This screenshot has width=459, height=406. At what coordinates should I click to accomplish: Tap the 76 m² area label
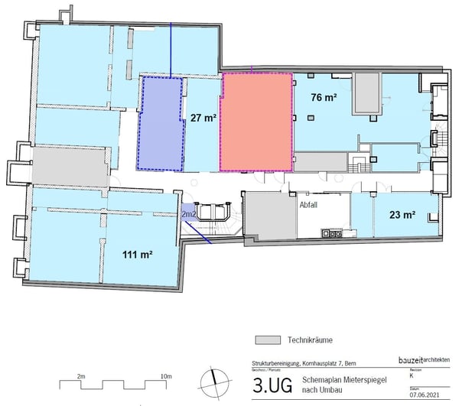point(324,98)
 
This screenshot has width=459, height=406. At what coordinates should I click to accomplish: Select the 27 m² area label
point(202,118)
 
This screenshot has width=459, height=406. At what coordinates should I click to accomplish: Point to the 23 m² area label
point(402,215)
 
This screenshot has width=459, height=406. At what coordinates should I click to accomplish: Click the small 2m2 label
point(188,216)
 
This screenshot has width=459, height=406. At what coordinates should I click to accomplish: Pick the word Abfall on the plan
point(308,205)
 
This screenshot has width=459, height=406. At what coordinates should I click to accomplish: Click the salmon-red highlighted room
point(256,121)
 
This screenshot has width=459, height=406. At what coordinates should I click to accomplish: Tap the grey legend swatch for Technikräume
point(264,339)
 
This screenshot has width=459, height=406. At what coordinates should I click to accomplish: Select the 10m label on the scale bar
point(165,377)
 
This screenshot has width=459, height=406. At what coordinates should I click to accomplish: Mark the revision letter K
point(412,377)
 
